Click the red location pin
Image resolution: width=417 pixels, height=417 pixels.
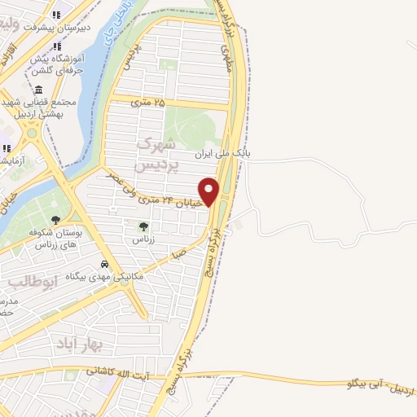click(209, 191)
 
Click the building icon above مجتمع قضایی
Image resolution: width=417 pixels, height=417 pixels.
click(38, 90)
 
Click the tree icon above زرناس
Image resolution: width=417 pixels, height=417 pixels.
click(143, 226)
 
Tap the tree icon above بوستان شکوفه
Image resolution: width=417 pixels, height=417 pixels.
click(55, 219)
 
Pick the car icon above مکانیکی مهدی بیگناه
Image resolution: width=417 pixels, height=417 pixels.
click(105, 264)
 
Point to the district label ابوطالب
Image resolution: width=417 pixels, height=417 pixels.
click(31, 283)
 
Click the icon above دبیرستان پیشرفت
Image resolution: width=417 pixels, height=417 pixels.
click(56, 15)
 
